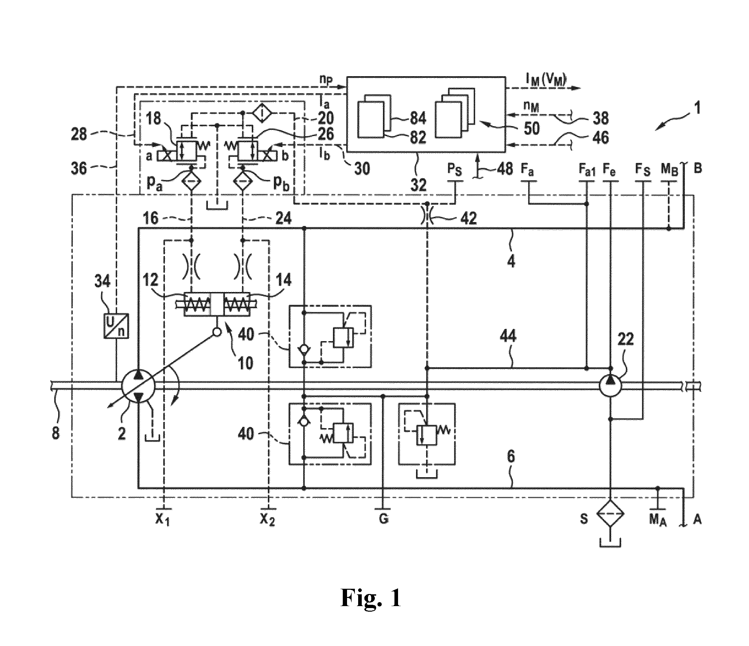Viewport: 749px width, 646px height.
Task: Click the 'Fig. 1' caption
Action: click(371, 598)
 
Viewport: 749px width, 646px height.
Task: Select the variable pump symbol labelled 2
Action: click(138, 387)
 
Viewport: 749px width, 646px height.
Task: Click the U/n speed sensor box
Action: click(116, 325)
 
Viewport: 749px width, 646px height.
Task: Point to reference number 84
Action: click(418, 118)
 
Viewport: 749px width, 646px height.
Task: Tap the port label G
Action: click(384, 519)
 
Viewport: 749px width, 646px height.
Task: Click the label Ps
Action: click(455, 169)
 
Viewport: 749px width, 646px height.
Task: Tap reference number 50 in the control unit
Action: click(531, 128)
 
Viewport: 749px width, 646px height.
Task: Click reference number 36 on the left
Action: click(79, 168)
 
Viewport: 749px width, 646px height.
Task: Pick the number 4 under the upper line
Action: click(511, 261)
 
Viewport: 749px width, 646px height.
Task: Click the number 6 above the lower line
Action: click(511, 457)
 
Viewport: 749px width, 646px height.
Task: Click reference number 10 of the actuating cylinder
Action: click(246, 363)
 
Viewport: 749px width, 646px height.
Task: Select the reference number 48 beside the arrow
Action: click(505, 168)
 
